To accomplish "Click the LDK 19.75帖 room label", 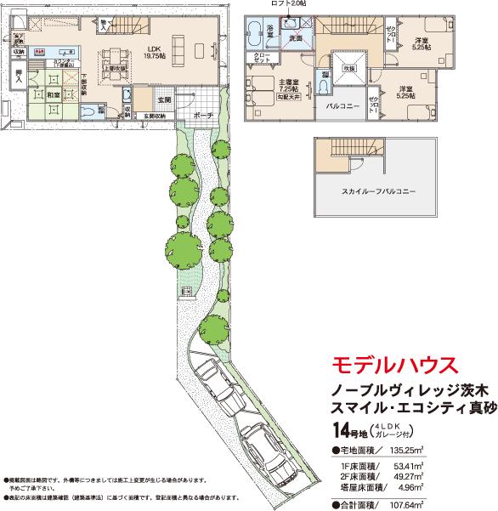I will pos(153,52).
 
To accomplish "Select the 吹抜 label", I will pos(348,68).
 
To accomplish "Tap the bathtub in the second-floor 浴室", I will pos(254,38).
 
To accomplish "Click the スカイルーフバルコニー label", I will pos(373,192).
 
